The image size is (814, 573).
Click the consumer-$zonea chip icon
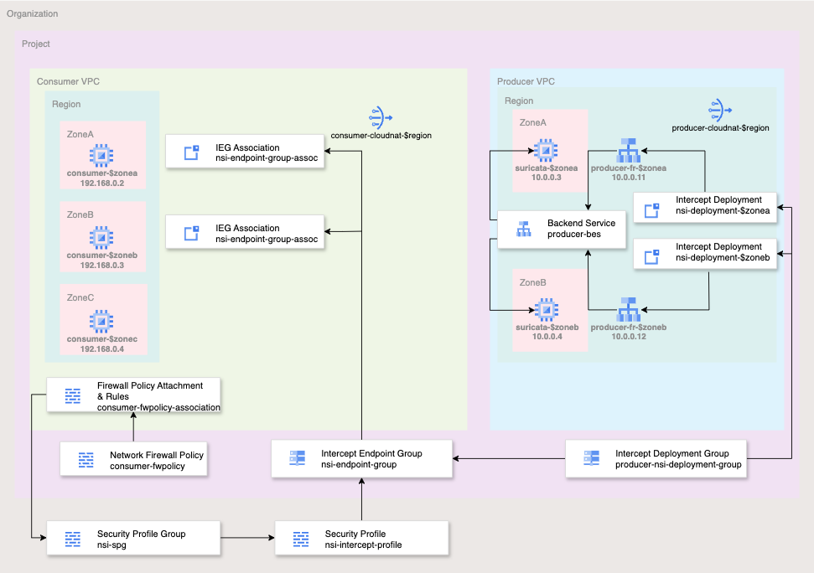(101, 154)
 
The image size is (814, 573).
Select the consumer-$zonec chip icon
(101, 320)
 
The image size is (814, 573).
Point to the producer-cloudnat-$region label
(721, 128)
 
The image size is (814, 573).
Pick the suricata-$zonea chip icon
(547, 151)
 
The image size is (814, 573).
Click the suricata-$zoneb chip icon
(547, 309)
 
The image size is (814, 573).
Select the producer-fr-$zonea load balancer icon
(628, 151)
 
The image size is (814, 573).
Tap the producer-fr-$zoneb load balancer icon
(628, 309)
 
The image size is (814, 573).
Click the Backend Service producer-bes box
(562, 229)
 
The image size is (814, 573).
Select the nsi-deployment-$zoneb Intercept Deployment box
(706, 253)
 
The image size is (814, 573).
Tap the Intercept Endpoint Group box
(361, 459)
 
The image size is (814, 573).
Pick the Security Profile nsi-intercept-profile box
(361, 539)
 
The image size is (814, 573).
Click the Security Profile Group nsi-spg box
(133, 539)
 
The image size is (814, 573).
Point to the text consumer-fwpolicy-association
(158, 407)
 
